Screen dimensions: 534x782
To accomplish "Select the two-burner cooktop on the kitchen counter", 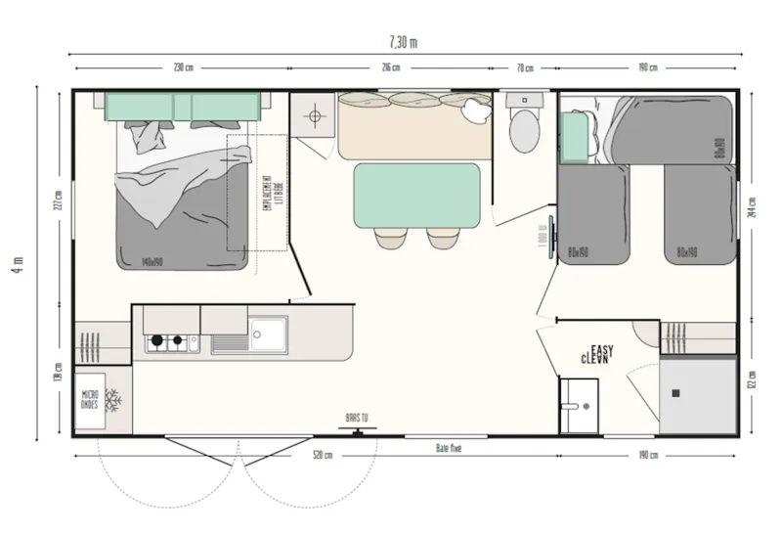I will pyautogui.click(x=167, y=342).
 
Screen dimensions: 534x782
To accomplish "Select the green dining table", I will pyautogui.click(x=416, y=195).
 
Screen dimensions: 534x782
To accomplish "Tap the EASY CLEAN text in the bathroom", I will pyautogui.click(x=598, y=354).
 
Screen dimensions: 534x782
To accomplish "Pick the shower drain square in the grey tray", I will pyautogui.click(x=674, y=392).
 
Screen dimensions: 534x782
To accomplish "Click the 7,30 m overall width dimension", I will pyautogui.click(x=403, y=42).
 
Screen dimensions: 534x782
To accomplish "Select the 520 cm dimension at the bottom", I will pyautogui.click(x=322, y=455).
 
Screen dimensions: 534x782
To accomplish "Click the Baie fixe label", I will pyautogui.click(x=449, y=447).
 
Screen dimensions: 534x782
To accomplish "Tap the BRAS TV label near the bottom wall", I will pyautogui.click(x=357, y=418).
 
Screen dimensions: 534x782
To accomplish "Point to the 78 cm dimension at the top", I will pyautogui.click(x=525, y=67).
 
